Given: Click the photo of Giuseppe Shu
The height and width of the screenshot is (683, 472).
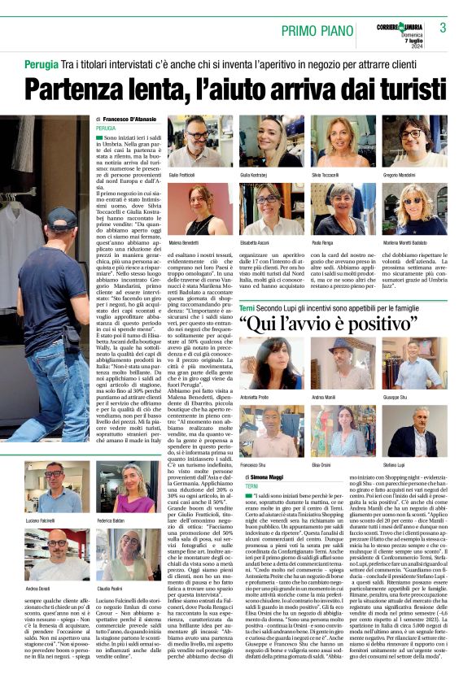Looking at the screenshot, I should [414, 367].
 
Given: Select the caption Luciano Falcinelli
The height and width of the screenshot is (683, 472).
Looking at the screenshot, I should [40, 519].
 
